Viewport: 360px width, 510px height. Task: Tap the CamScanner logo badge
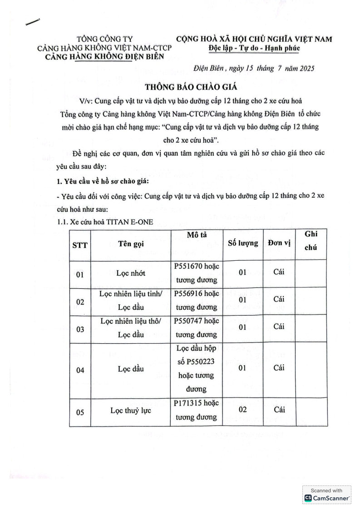[327, 495]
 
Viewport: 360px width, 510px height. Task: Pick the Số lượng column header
[242, 243]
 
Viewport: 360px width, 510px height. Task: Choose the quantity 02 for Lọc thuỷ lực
[242, 410]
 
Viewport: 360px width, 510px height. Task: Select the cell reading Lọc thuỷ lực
[130, 411]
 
